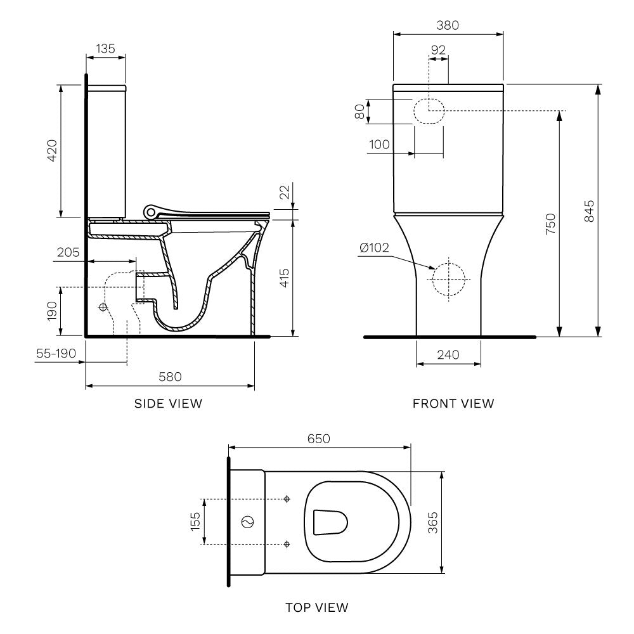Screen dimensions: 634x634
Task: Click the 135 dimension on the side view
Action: [105, 49]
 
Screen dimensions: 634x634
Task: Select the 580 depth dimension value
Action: [170, 377]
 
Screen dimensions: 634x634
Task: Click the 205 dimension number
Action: [68, 252]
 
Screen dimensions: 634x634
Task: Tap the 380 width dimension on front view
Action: [448, 25]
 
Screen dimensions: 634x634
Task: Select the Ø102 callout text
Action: [374, 248]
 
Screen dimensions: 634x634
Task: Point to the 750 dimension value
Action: [550, 224]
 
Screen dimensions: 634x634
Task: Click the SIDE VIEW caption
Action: [169, 403]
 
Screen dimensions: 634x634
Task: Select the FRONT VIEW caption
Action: [453, 403]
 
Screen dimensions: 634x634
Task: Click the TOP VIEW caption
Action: [317, 607]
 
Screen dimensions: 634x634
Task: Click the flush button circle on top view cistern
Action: [248, 522]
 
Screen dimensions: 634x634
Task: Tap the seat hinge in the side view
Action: [151, 210]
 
